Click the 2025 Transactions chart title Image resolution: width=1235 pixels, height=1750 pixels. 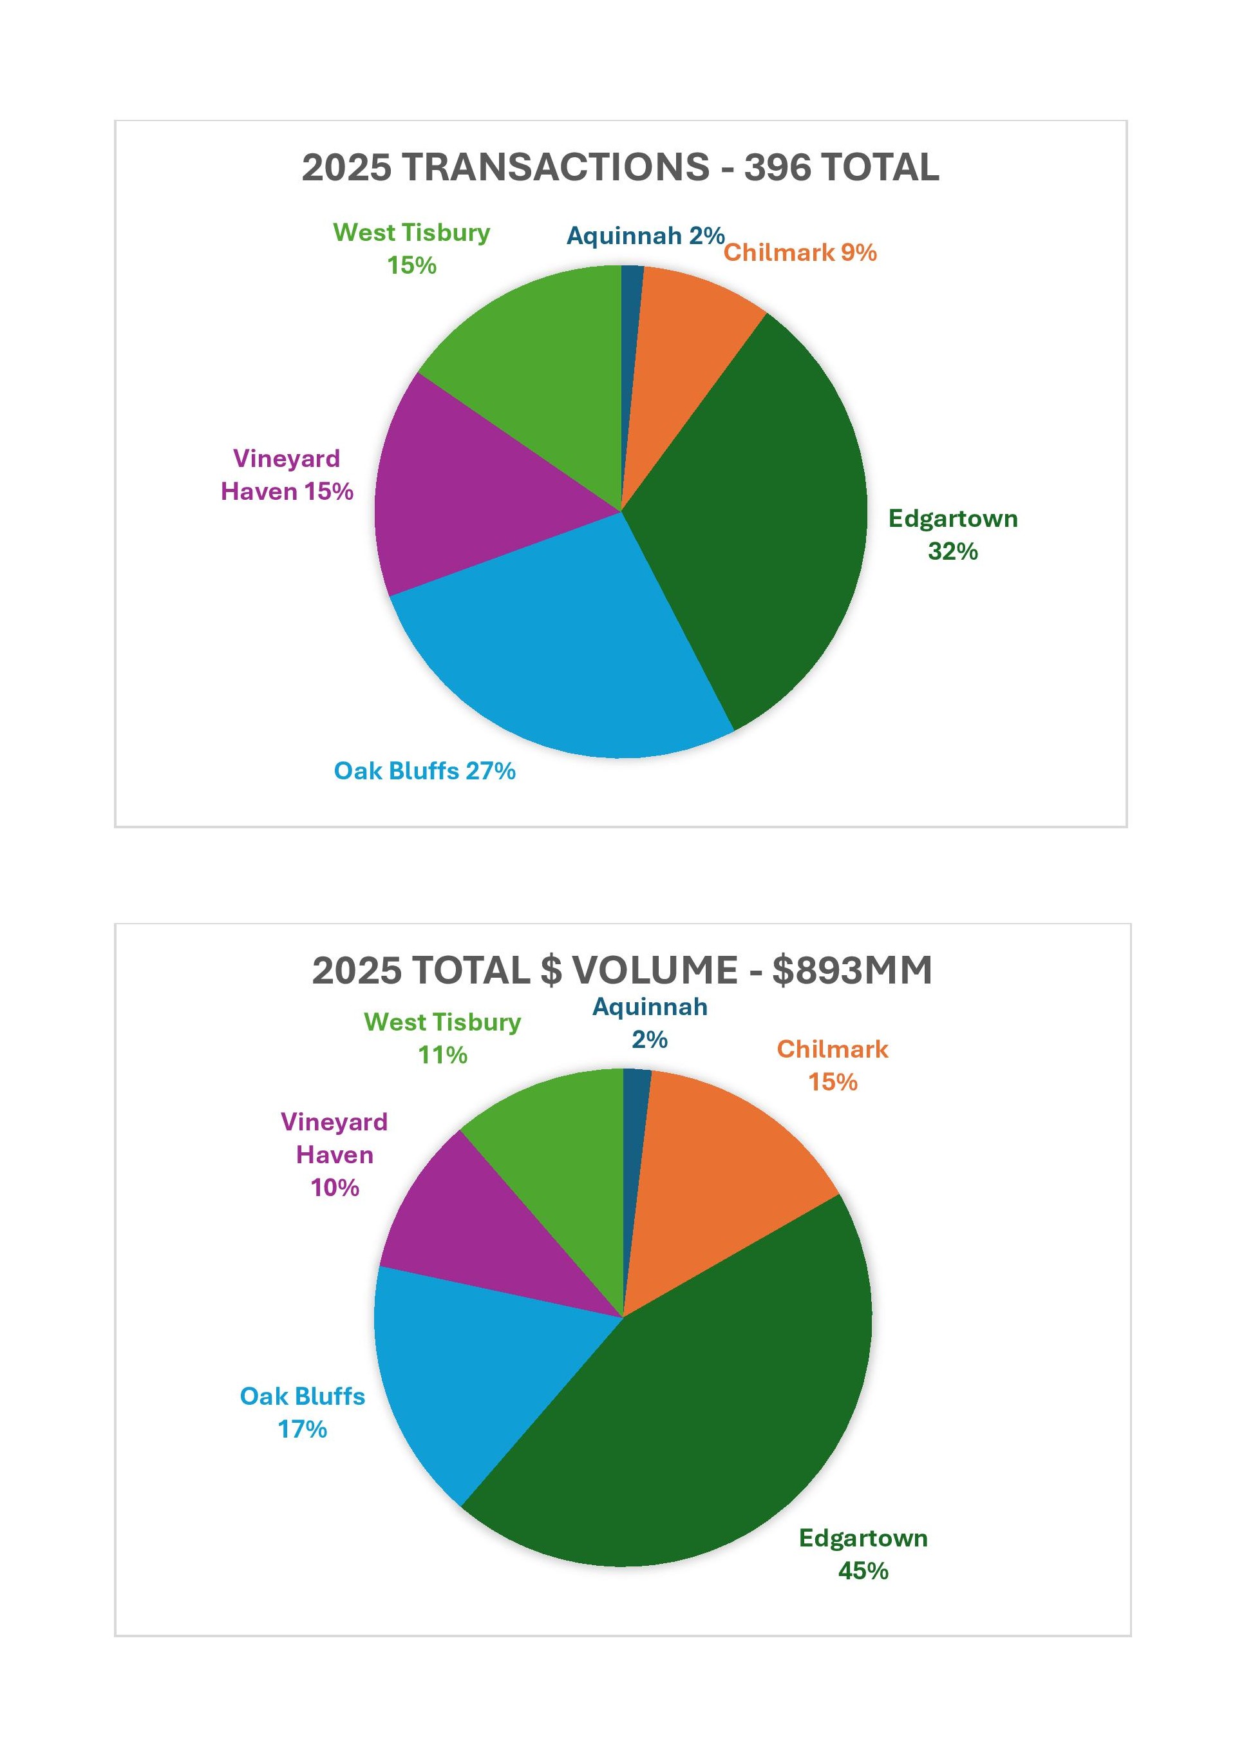tap(620, 167)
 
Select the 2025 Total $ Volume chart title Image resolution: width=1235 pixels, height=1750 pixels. tap(622, 970)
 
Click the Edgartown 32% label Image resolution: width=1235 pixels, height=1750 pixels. tap(952, 535)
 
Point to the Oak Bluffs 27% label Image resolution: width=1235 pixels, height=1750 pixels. tap(424, 770)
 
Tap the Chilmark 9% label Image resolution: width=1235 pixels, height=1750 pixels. tap(800, 252)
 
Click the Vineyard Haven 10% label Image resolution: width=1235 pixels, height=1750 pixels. tap(334, 1154)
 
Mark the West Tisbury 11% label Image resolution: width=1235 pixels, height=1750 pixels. tap(442, 1038)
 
